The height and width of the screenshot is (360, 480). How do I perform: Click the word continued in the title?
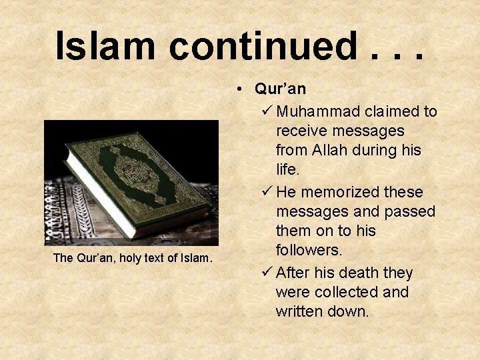coord(261,45)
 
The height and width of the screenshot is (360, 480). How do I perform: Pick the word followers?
coord(309,250)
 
